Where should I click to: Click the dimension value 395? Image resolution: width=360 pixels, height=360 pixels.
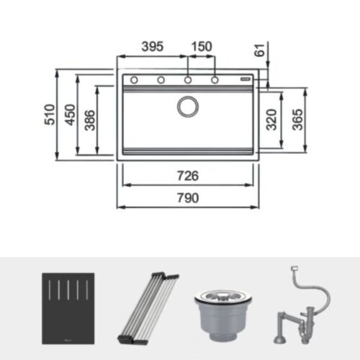pyautogui.click(x=152, y=47)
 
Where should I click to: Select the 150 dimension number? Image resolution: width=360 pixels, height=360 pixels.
pyautogui.click(x=201, y=47)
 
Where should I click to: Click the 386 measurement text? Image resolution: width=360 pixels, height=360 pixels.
pyautogui.click(x=89, y=120)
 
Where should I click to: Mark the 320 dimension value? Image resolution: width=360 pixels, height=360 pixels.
pyautogui.click(x=271, y=120)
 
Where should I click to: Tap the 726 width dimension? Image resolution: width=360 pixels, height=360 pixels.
pyautogui.click(x=188, y=175)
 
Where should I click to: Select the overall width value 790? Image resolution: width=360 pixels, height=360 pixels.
pyautogui.click(x=188, y=197)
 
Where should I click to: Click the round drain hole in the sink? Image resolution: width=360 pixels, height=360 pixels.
pyautogui.click(x=189, y=107)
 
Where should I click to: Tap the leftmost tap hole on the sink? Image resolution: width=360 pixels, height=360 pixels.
pyautogui.click(x=134, y=79)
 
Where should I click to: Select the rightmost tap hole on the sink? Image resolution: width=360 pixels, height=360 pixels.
pyautogui.click(x=215, y=79)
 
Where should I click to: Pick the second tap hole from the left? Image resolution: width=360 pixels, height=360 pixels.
pyautogui.click(x=161, y=79)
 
